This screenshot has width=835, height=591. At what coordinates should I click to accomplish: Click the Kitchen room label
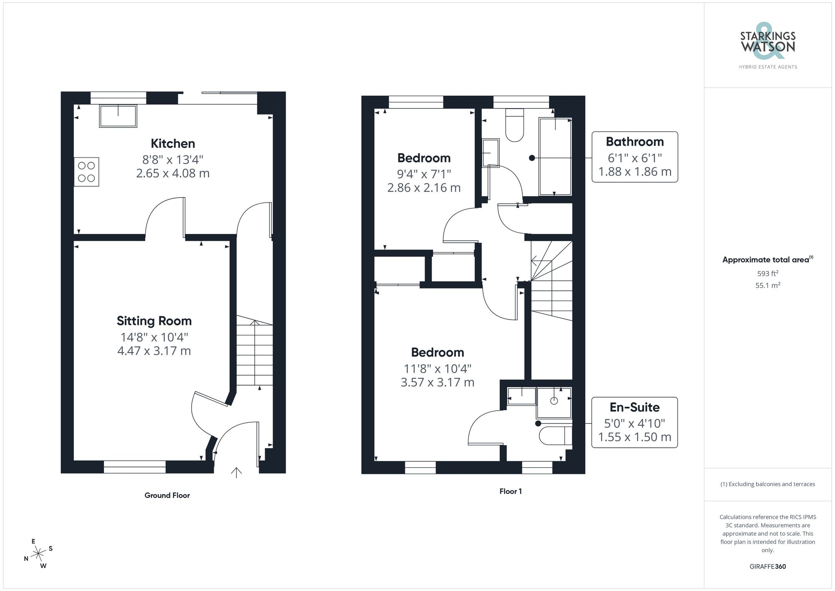click(173, 144)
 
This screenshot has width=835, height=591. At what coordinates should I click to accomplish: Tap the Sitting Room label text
click(154, 321)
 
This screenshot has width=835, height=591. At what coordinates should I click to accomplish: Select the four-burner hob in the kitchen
click(87, 172)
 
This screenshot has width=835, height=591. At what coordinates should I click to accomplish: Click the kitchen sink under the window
click(118, 116)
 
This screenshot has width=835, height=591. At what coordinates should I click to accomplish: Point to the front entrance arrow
click(236, 472)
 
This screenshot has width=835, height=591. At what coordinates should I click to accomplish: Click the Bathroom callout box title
click(635, 142)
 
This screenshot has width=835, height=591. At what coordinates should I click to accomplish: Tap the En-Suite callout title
click(635, 407)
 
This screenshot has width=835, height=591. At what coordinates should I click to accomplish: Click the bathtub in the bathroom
click(555, 157)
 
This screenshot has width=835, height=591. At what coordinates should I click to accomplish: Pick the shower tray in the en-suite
click(554, 403)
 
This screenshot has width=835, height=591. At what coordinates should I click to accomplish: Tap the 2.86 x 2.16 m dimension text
click(424, 188)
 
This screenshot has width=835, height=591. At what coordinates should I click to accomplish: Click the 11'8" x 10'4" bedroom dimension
click(437, 369)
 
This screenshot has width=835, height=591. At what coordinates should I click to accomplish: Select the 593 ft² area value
click(767, 274)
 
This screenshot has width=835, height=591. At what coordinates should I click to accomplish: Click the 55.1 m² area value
click(767, 286)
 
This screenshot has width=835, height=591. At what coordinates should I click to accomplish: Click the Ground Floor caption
click(167, 495)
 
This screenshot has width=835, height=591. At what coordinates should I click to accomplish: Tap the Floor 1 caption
click(510, 492)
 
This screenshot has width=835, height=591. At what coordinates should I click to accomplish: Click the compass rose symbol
click(38, 554)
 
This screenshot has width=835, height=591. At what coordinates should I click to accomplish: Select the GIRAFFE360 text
click(767, 567)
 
